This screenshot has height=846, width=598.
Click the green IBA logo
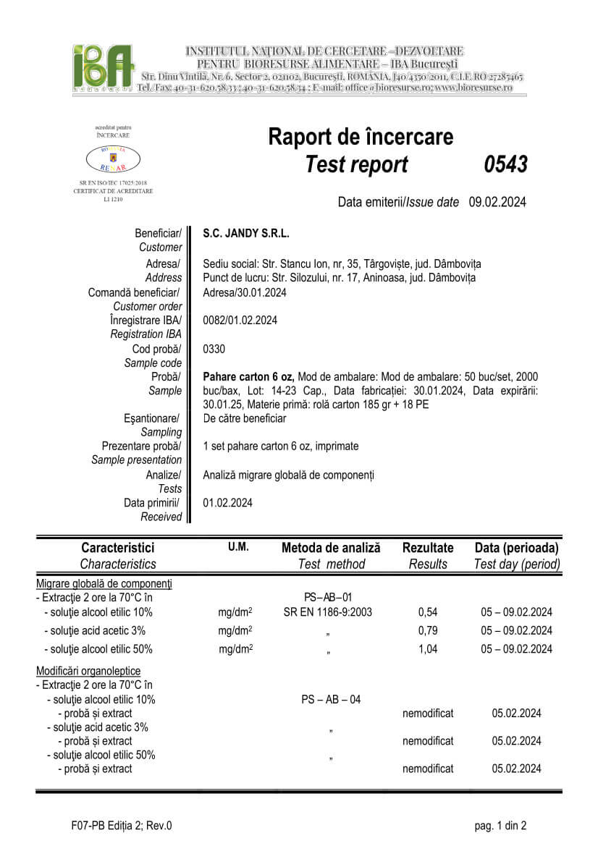click(104, 67)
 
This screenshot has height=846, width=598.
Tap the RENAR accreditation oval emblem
click(113, 157)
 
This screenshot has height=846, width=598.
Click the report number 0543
click(505, 165)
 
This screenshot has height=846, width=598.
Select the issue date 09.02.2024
click(497, 202)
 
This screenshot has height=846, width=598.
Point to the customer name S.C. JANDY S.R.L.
click(246, 234)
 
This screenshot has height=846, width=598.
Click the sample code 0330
click(214, 349)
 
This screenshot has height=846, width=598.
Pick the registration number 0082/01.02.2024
click(240, 320)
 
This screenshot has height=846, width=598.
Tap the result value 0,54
click(428, 612)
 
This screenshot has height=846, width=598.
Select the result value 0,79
click(428, 630)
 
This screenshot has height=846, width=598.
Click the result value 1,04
click(428, 649)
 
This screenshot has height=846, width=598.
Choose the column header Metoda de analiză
click(331, 548)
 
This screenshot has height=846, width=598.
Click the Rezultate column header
click(428, 548)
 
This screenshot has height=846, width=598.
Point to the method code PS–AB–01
click(328, 597)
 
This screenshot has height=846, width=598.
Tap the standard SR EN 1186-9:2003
click(328, 612)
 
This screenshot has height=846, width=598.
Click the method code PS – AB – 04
click(331, 699)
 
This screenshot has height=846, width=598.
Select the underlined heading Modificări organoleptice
click(88, 671)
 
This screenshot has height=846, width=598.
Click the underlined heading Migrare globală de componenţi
click(104, 583)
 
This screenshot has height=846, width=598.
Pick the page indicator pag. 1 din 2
click(500, 825)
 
